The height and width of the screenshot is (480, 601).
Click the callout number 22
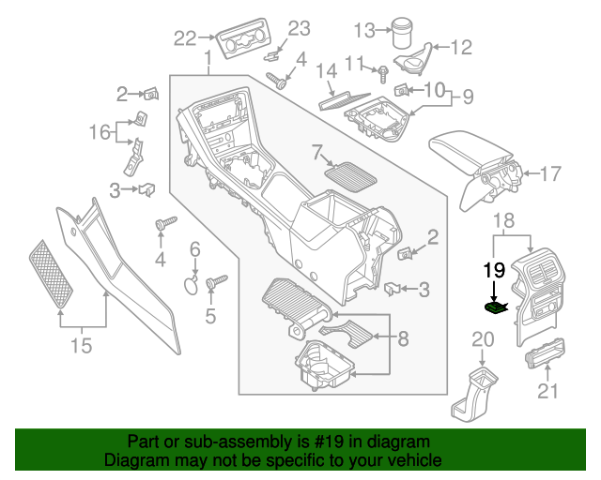click(x=185, y=38)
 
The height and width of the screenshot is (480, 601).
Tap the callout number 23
click(x=298, y=28)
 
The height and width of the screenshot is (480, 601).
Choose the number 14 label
click(x=325, y=70)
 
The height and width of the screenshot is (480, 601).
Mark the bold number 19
click(x=494, y=272)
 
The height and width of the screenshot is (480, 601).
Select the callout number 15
click(x=82, y=346)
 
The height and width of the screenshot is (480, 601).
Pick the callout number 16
click(x=100, y=132)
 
